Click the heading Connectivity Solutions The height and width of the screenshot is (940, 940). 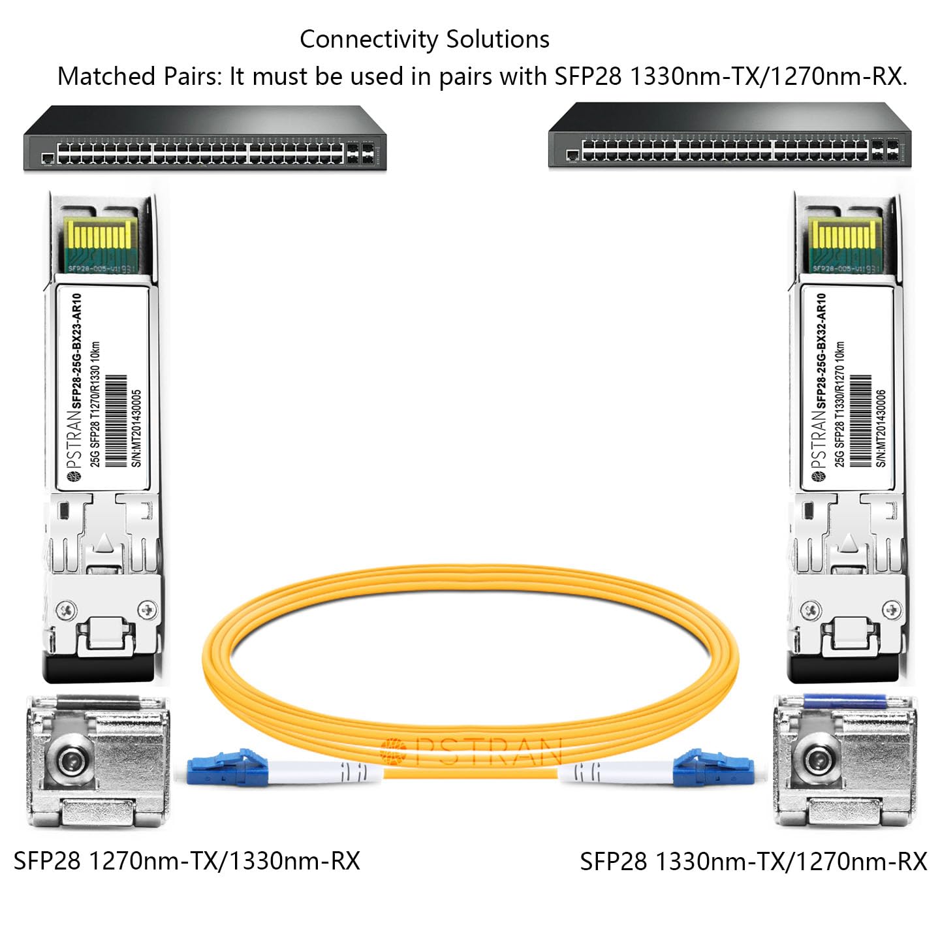[x=424, y=40]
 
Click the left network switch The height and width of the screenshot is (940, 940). [x=205, y=139]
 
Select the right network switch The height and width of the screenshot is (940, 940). [x=729, y=136]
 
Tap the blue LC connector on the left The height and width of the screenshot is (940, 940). [x=228, y=767]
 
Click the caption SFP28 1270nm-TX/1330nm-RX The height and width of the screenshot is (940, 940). [x=187, y=861]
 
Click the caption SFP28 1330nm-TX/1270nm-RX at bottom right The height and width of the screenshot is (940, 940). [x=753, y=862]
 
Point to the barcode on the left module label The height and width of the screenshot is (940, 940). [x=116, y=421]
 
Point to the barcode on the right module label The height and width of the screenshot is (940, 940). [x=861, y=421]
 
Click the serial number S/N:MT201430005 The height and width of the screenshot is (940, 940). [x=136, y=428]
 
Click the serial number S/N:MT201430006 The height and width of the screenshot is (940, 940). [x=881, y=428]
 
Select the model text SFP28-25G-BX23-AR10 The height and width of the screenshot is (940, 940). [x=76, y=351]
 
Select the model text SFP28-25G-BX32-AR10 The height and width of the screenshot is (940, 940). [x=821, y=351]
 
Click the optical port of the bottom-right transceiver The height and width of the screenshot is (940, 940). [x=815, y=759]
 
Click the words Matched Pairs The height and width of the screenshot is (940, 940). [x=139, y=77]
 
